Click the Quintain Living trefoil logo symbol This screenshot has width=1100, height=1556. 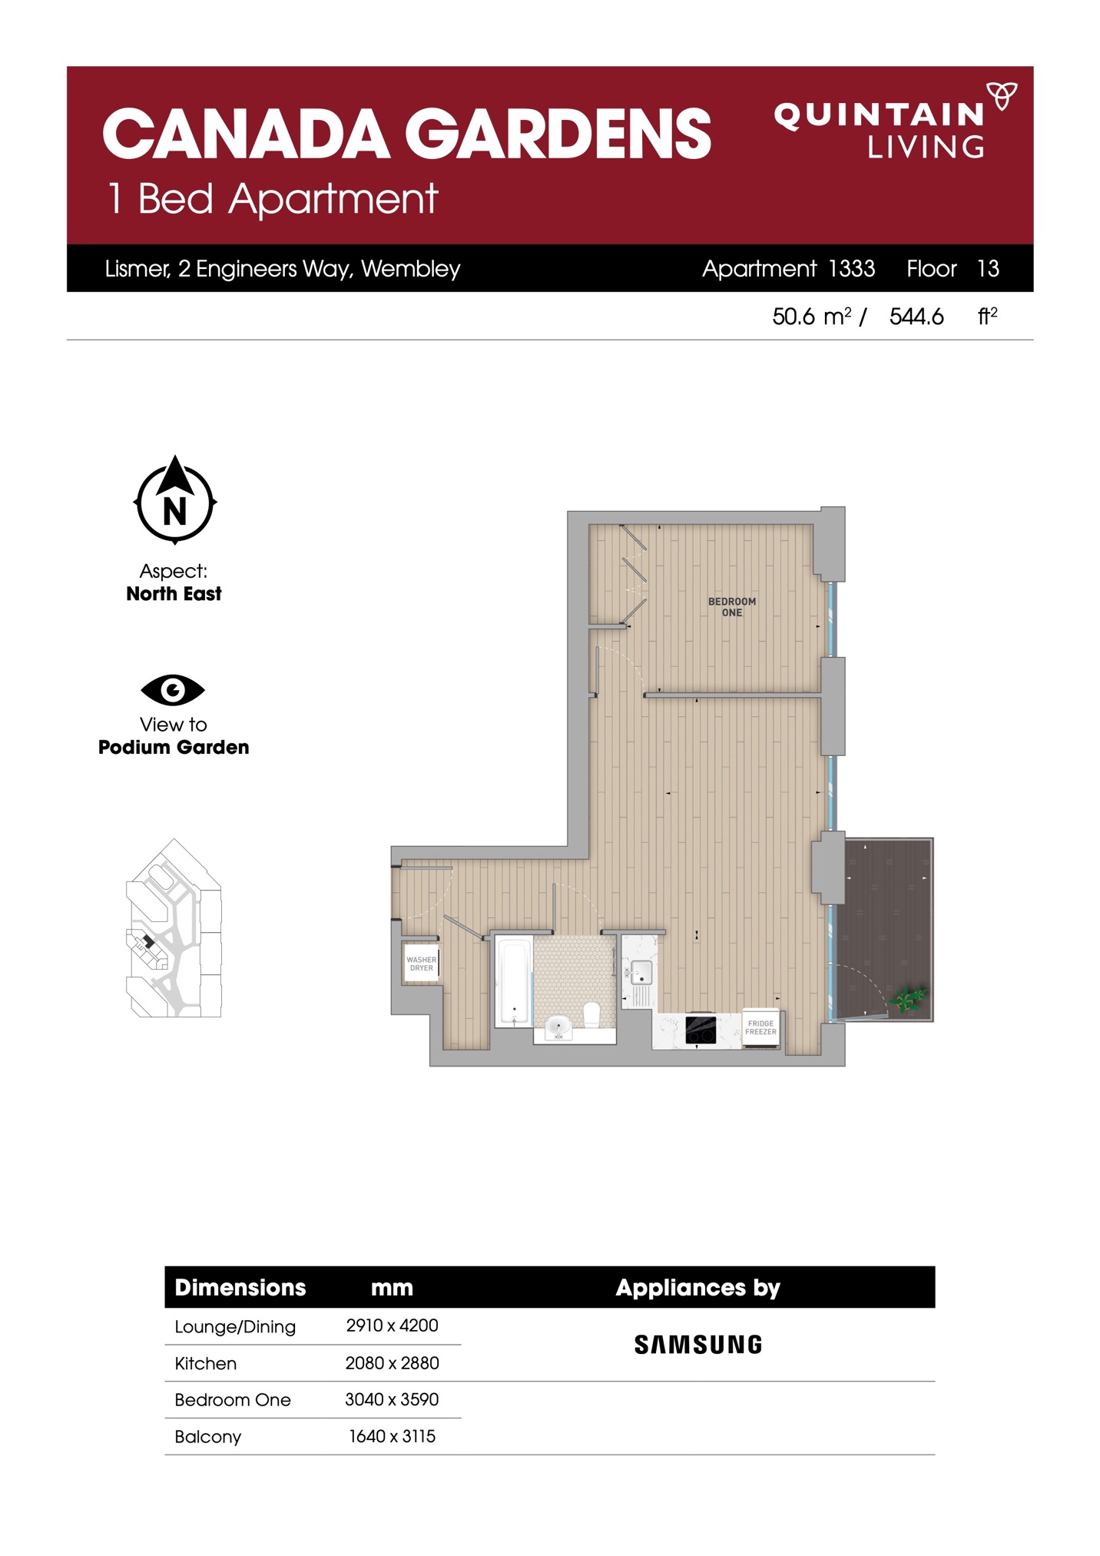(1001, 96)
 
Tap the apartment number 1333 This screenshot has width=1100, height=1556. (852, 268)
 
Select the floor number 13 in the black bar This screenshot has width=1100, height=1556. (988, 268)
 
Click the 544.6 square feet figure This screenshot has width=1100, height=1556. (916, 317)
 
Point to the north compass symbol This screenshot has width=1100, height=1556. (175, 499)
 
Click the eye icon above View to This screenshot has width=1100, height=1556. (173, 690)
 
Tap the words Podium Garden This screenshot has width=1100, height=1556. (174, 747)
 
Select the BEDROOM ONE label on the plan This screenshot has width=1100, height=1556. (732, 607)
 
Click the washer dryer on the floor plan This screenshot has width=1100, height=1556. (421, 964)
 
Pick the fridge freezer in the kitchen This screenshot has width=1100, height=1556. (760, 1027)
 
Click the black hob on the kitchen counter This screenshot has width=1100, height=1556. (701, 1029)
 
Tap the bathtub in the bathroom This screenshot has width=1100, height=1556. (514, 981)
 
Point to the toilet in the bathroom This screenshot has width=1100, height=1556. (591, 1014)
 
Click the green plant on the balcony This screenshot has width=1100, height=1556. (908, 999)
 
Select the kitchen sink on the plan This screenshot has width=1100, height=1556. (641, 973)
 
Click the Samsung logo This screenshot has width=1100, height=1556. (698, 1345)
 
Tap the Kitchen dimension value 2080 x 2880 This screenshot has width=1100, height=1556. (392, 1363)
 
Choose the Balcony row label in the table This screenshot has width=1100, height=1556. (208, 1437)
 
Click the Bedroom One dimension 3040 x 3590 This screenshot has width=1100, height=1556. (392, 1399)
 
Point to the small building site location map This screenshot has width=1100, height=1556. (174, 928)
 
